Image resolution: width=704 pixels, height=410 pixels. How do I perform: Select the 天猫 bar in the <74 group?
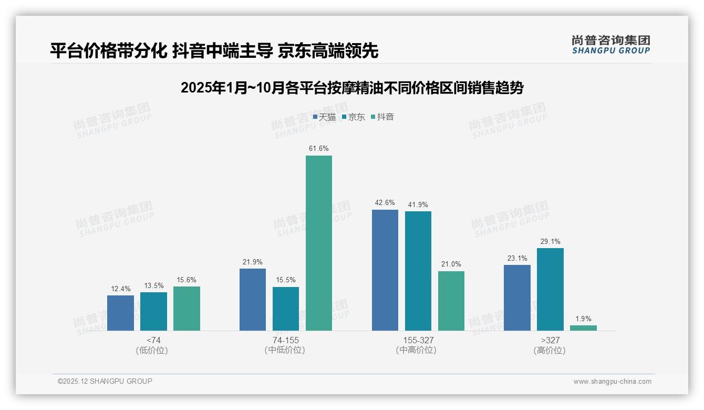click(x=120, y=313)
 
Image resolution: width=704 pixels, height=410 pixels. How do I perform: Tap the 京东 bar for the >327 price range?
click(x=550, y=289)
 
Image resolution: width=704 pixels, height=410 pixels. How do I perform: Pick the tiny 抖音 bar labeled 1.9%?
click(x=583, y=328)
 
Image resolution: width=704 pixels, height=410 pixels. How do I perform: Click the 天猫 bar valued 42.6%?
click(x=385, y=270)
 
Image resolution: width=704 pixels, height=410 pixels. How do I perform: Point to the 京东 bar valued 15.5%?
click(x=286, y=309)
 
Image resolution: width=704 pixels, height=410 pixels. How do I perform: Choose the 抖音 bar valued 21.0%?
click(x=451, y=301)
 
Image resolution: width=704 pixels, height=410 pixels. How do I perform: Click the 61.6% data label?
click(x=319, y=149)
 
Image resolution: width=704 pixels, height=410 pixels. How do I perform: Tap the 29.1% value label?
click(x=550, y=242)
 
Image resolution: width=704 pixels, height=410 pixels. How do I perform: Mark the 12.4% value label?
click(x=120, y=289)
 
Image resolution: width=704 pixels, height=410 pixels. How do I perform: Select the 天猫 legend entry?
click(x=324, y=117)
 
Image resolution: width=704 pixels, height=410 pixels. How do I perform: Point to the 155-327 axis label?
click(x=418, y=340)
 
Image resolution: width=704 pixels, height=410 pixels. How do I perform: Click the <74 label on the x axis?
click(x=153, y=340)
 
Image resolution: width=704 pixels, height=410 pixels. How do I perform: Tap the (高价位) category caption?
click(x=550, y=351)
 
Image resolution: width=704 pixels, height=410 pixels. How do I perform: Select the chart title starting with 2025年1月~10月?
click(x=352, y=88)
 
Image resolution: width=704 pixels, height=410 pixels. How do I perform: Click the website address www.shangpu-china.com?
click(x=612, y=382)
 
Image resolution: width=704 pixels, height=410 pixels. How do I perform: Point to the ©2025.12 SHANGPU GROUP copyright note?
click(x=105, y=382)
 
